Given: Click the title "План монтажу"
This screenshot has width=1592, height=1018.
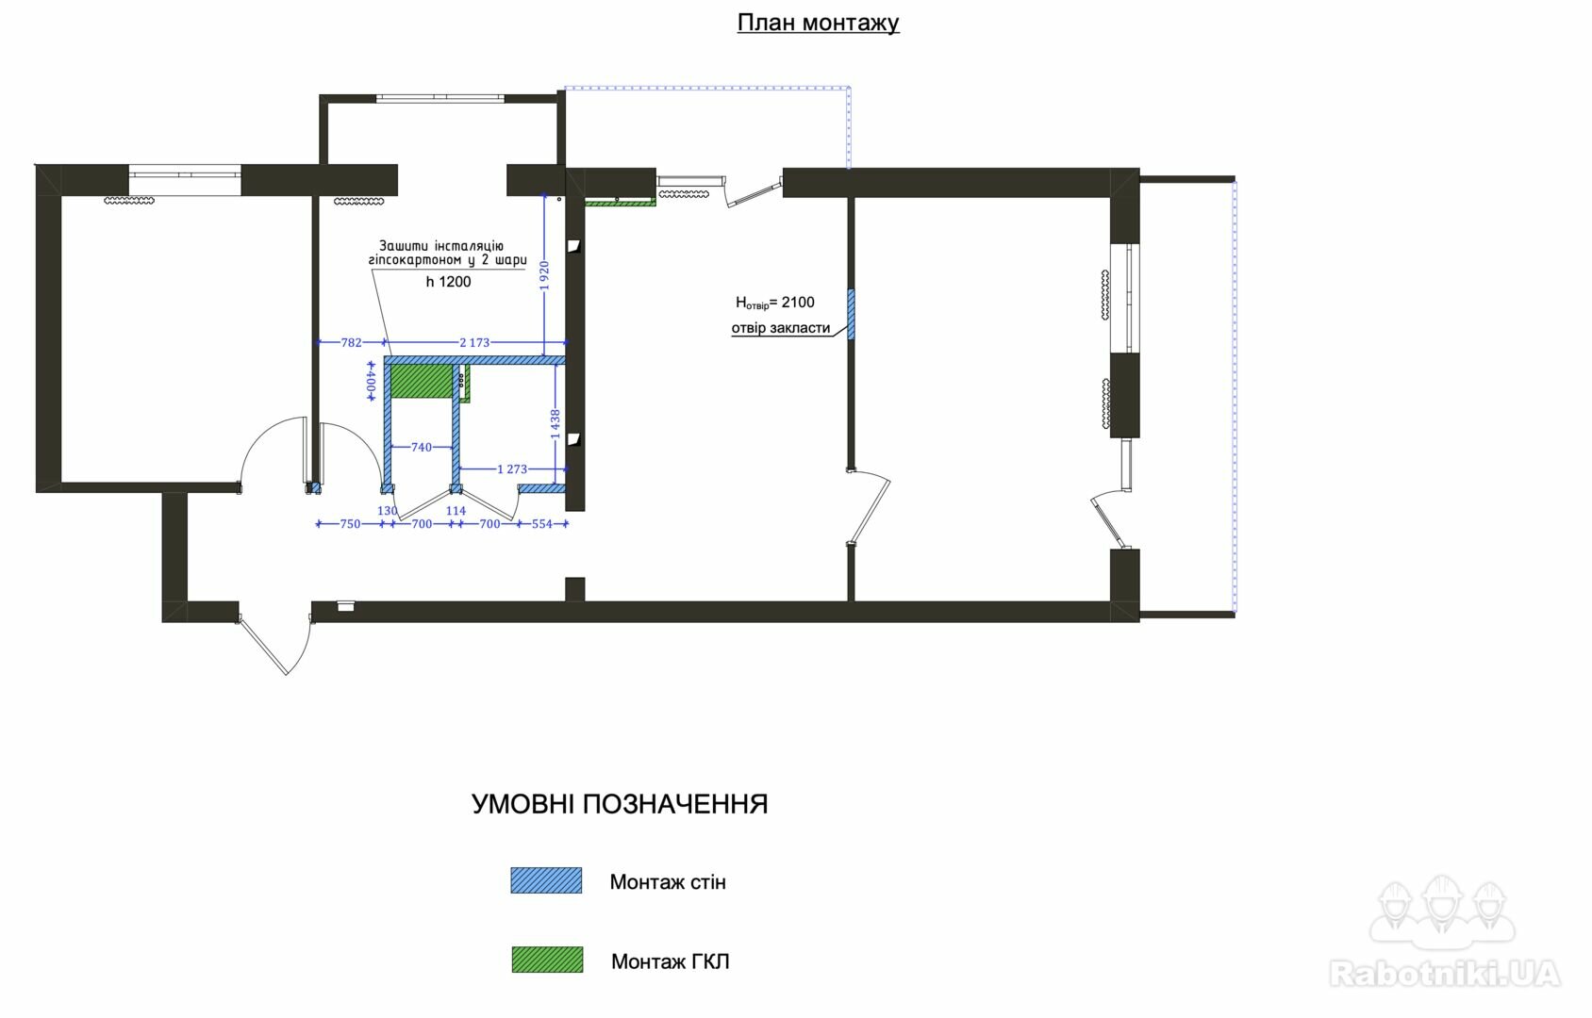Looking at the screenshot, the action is (818, 23).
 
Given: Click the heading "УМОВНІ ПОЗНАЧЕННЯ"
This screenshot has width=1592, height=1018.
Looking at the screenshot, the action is (620, 804).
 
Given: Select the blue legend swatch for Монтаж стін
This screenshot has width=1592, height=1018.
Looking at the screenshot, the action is (546, 880).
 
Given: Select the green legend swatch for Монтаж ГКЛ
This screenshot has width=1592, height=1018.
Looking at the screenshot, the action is (547, 960).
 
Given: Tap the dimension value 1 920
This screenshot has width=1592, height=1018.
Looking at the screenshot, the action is (544, 275).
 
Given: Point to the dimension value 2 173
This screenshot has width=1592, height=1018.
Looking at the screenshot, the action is (474, 342).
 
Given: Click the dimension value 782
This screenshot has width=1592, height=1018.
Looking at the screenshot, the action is (351, 342).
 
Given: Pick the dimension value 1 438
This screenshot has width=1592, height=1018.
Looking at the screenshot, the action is (556, 423).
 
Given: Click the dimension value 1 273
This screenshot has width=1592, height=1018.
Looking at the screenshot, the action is (512, 468).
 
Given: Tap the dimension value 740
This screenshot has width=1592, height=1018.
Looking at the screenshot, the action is (422, 447).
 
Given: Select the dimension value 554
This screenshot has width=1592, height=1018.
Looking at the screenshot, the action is (541, 524).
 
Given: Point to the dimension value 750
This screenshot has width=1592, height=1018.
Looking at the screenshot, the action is (350, 524).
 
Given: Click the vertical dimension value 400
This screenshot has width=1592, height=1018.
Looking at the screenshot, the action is (371, 382).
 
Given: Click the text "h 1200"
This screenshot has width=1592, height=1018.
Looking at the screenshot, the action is (449, 282).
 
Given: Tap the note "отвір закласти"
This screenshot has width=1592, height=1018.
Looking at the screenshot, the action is (781, 328).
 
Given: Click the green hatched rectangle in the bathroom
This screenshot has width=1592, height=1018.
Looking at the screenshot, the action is (423, 382).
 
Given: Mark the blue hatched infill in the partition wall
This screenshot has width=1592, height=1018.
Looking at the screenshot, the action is (851, 314).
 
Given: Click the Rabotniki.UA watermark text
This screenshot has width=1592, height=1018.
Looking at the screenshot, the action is (1445, 974).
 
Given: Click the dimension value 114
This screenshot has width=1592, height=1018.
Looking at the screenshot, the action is (456, 511).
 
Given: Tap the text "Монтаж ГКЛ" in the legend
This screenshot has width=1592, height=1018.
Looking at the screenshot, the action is (671, 961).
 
